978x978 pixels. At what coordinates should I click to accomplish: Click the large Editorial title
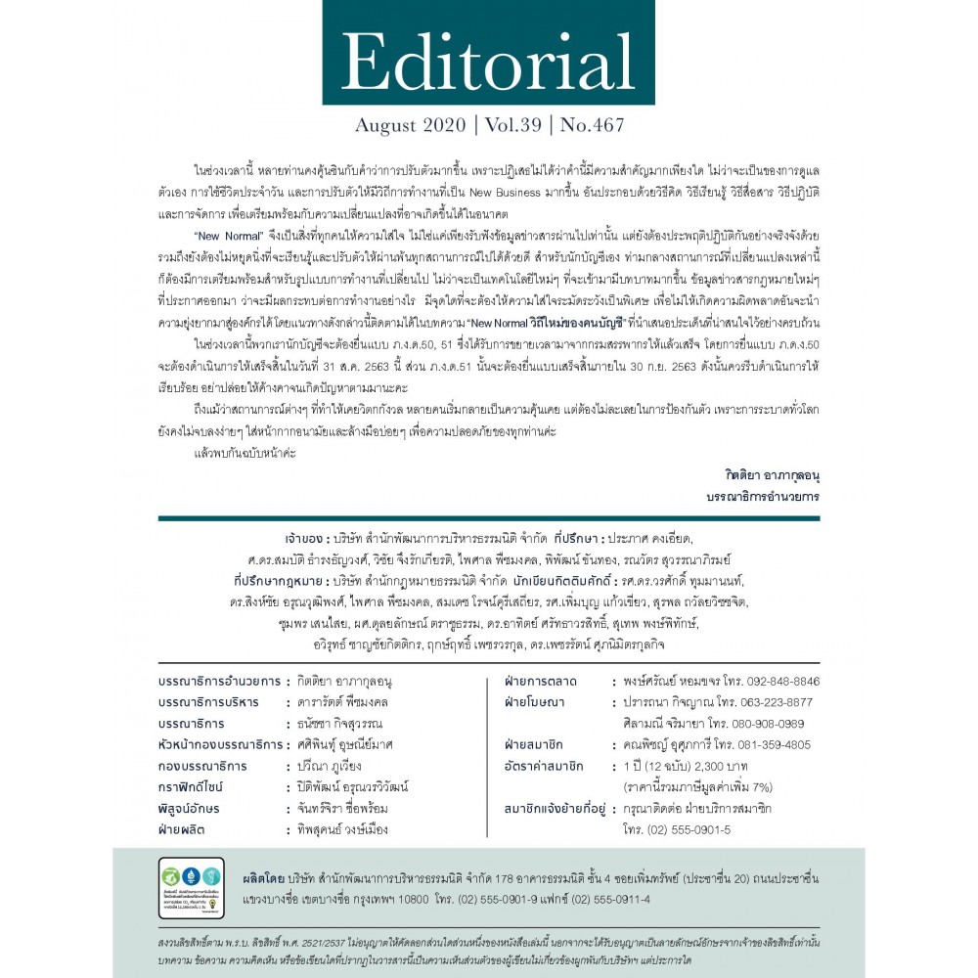click(488, 61)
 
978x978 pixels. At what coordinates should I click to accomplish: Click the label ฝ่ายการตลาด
click(541, 681)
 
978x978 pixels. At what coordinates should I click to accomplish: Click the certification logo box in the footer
click(191, 887)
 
